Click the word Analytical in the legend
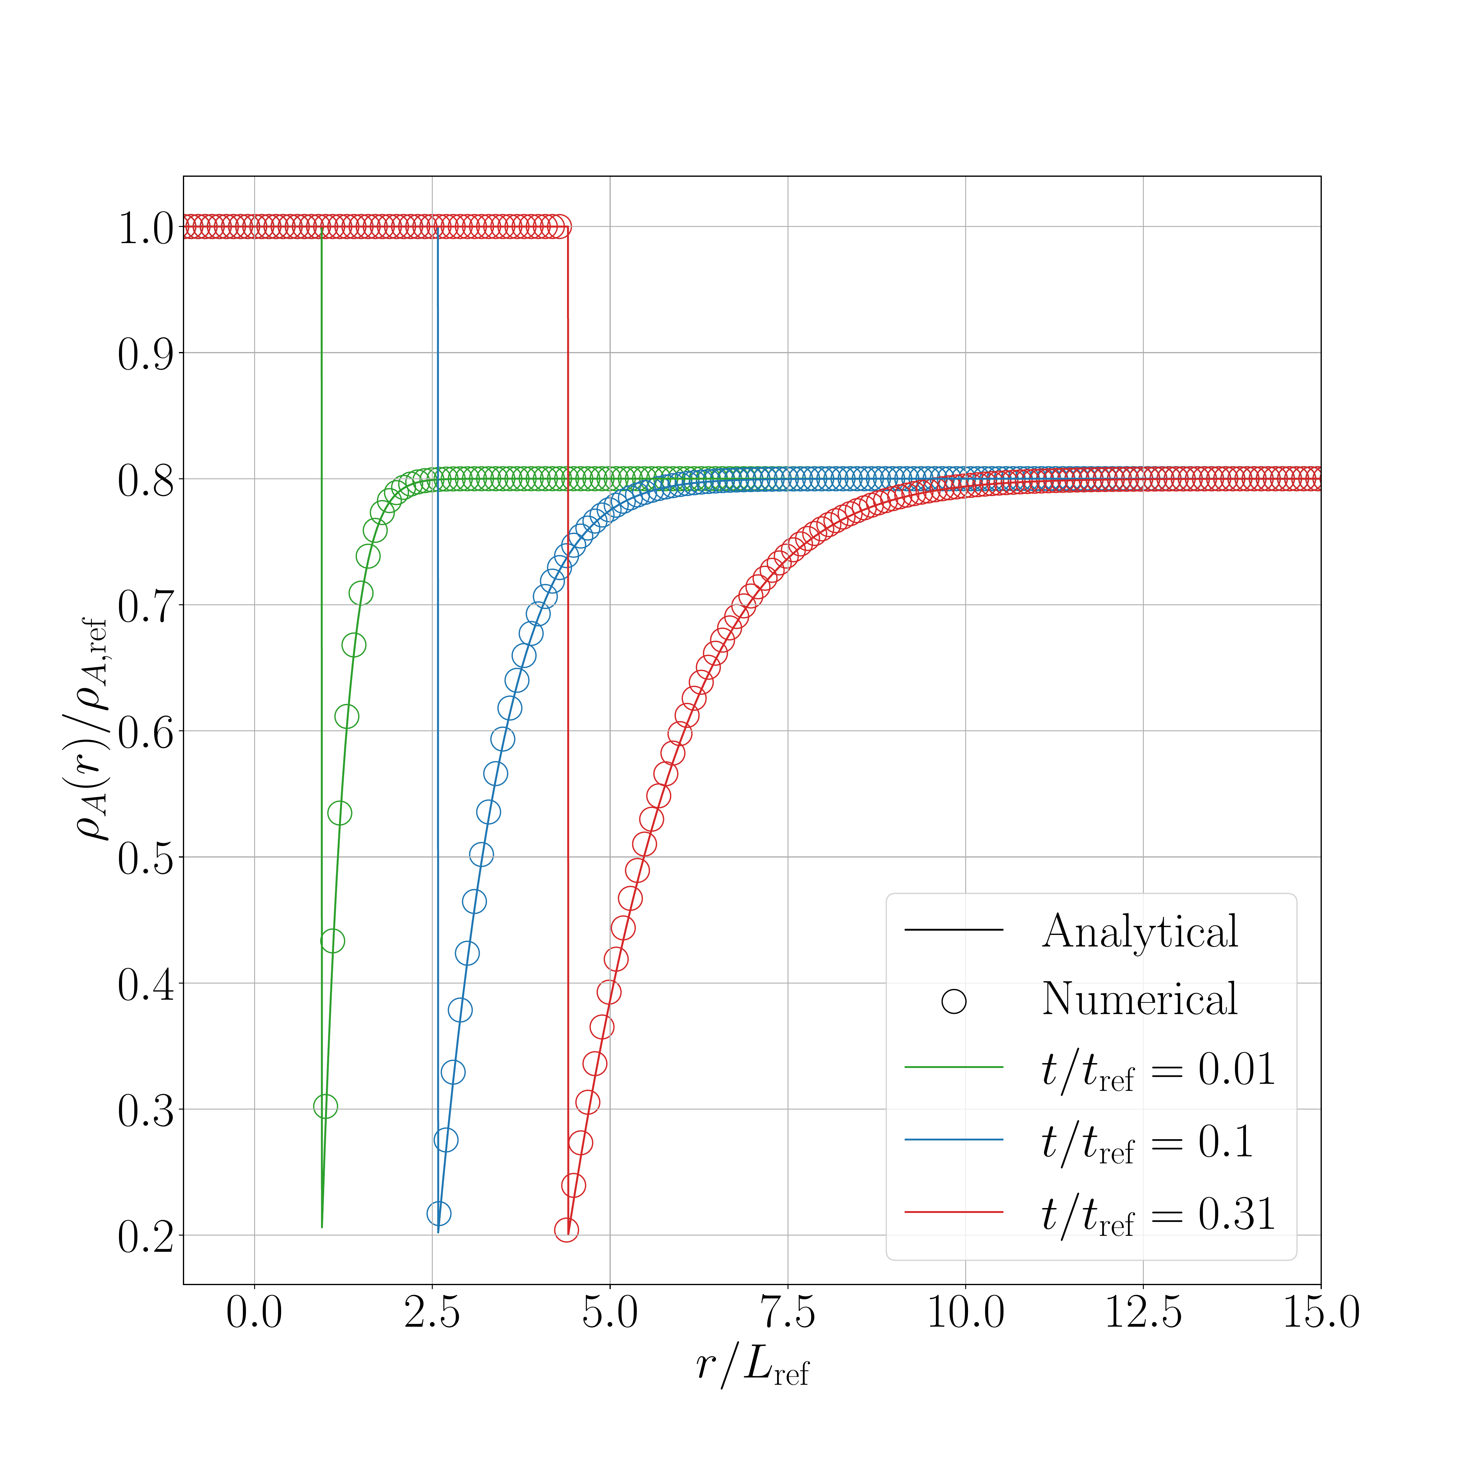[1140, 932]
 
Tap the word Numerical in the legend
[1140, 999]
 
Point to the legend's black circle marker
[954, 1002]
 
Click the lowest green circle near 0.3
[325, 1106]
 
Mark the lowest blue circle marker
[439, 1214]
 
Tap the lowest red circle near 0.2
[566, 1229]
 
